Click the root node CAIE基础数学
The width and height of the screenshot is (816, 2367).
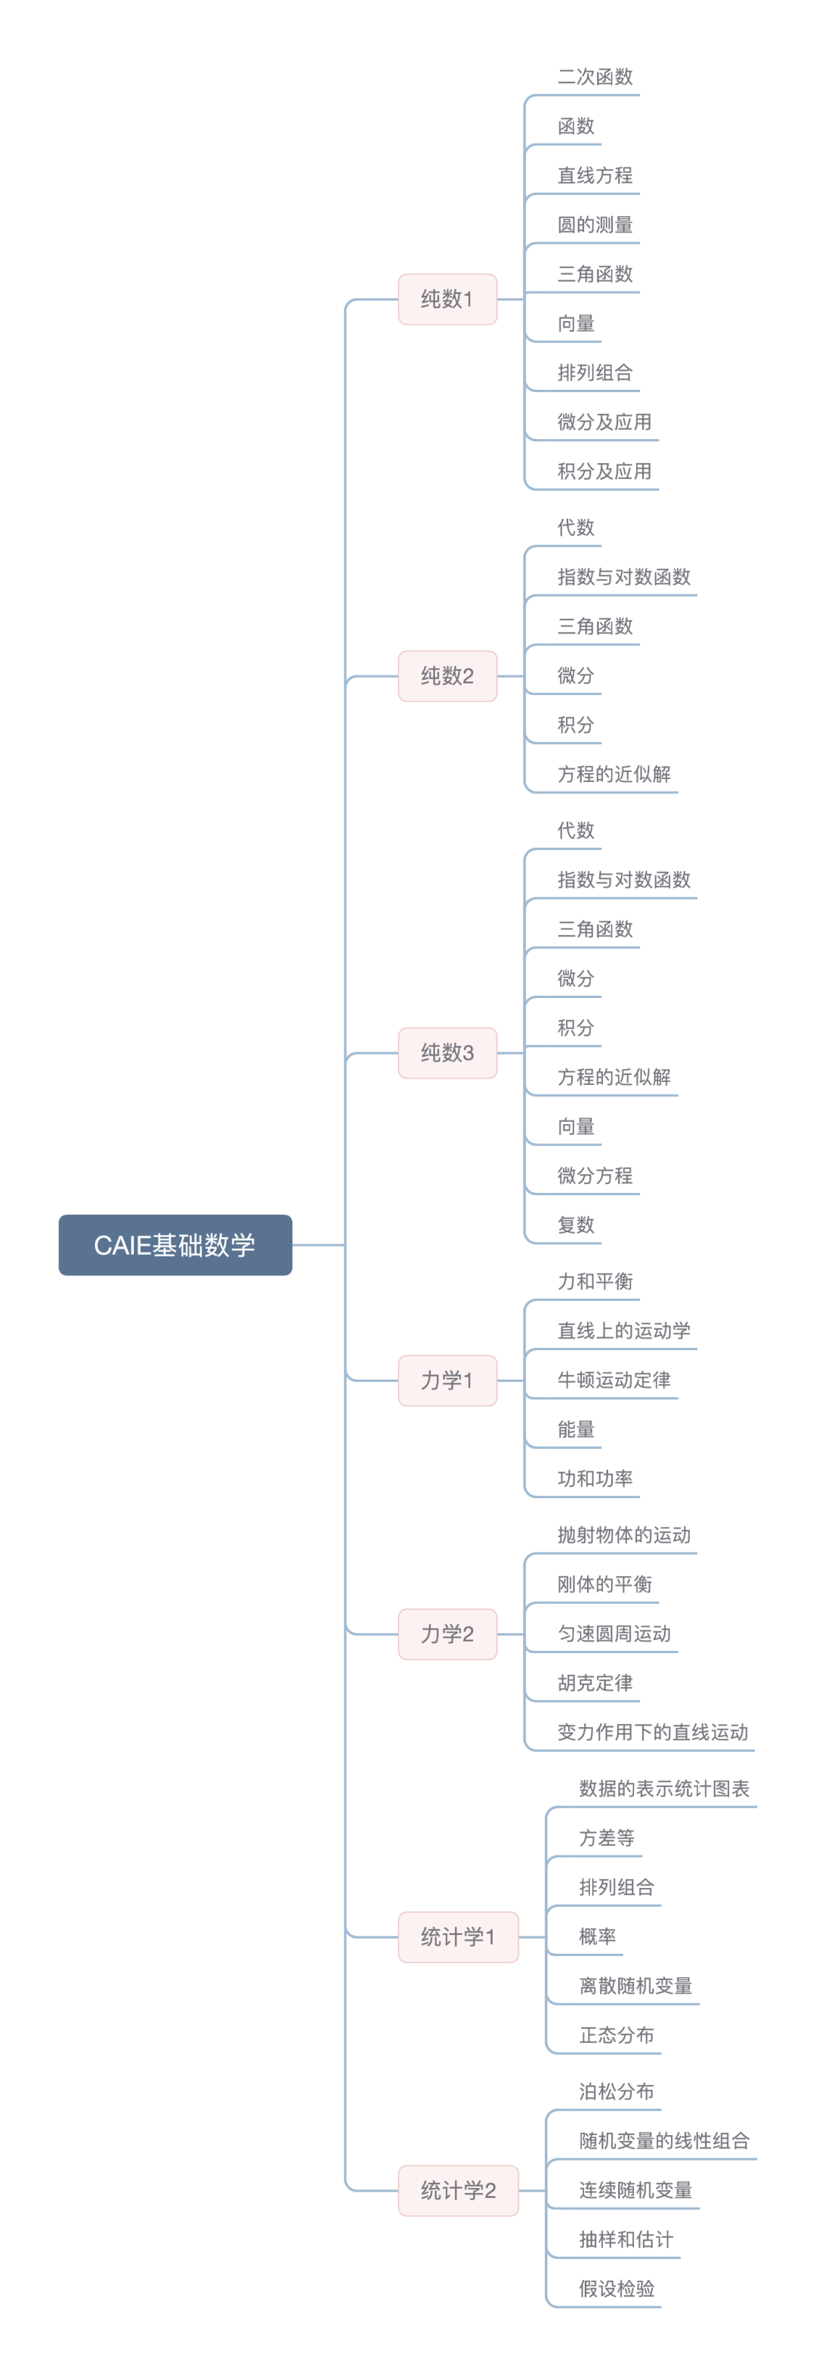point(175,1245)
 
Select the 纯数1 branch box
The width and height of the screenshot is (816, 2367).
point(447,298)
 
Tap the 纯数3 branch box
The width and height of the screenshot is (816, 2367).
point(447,1052)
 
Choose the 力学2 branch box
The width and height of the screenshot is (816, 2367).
point(447,1633)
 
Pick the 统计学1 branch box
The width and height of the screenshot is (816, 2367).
point(458,1937)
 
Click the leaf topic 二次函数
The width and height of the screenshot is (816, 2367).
point(595,77)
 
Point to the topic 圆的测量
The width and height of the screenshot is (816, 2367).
point(595,225)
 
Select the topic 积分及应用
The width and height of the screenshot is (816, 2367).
point(604,471)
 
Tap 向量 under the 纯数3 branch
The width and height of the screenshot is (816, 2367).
point(576,1126)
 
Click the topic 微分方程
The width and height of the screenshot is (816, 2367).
point(595,1176)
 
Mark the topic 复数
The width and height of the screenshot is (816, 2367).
point(576,1225)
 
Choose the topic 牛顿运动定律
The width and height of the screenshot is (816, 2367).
point(614,1380)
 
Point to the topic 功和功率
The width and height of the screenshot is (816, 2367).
point(595,1479)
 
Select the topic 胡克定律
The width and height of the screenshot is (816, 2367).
point(595,1683)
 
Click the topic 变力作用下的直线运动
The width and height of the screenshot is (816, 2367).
point(653,1732)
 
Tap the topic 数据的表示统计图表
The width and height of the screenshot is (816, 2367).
point(663,1788)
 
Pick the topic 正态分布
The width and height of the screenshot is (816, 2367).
point(616,2035)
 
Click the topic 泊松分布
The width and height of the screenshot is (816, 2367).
point(616,2091)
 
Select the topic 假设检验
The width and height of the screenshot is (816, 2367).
point(616,2289)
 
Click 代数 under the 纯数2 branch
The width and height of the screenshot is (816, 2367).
point(576,527)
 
